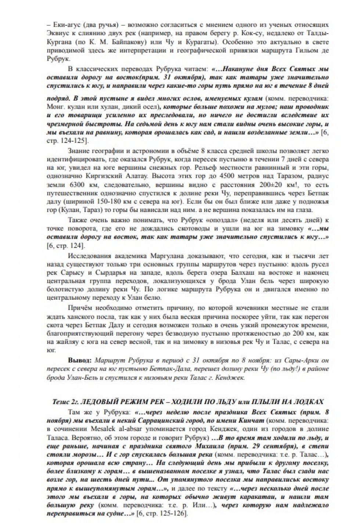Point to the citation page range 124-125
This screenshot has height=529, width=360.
pos(73,141)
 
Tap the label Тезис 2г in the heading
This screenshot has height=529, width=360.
pos(65,402)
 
